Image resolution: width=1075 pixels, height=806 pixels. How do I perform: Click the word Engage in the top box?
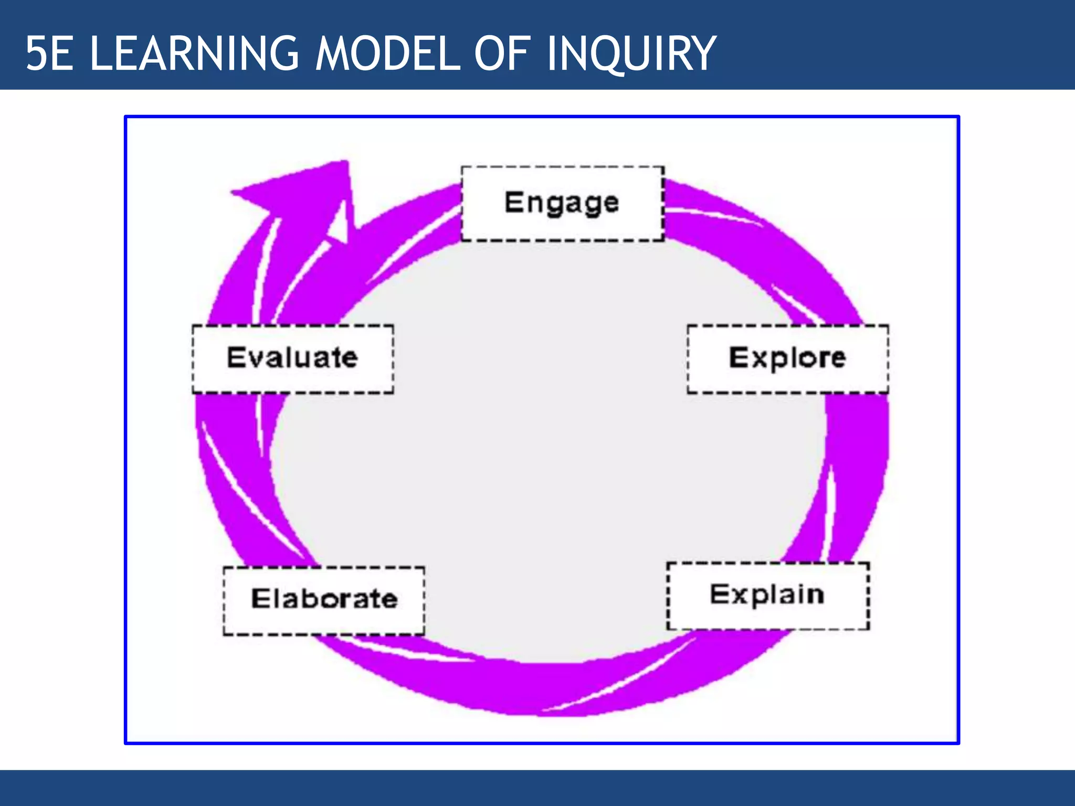pos(562,203)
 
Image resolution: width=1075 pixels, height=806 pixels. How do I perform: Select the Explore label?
pos(787,358)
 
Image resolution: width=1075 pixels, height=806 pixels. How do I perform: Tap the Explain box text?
pos(767,595)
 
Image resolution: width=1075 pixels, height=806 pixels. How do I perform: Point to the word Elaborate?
pos(324,599)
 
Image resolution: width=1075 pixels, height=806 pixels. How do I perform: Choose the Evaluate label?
pos(292,358)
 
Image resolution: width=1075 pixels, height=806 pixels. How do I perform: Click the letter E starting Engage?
pos(513,202)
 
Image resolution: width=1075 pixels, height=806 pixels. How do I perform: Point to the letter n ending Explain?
pos(815,595)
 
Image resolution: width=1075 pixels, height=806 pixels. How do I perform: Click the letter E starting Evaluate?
pos(236,357)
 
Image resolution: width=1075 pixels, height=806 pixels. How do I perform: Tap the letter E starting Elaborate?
pos(260,599)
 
